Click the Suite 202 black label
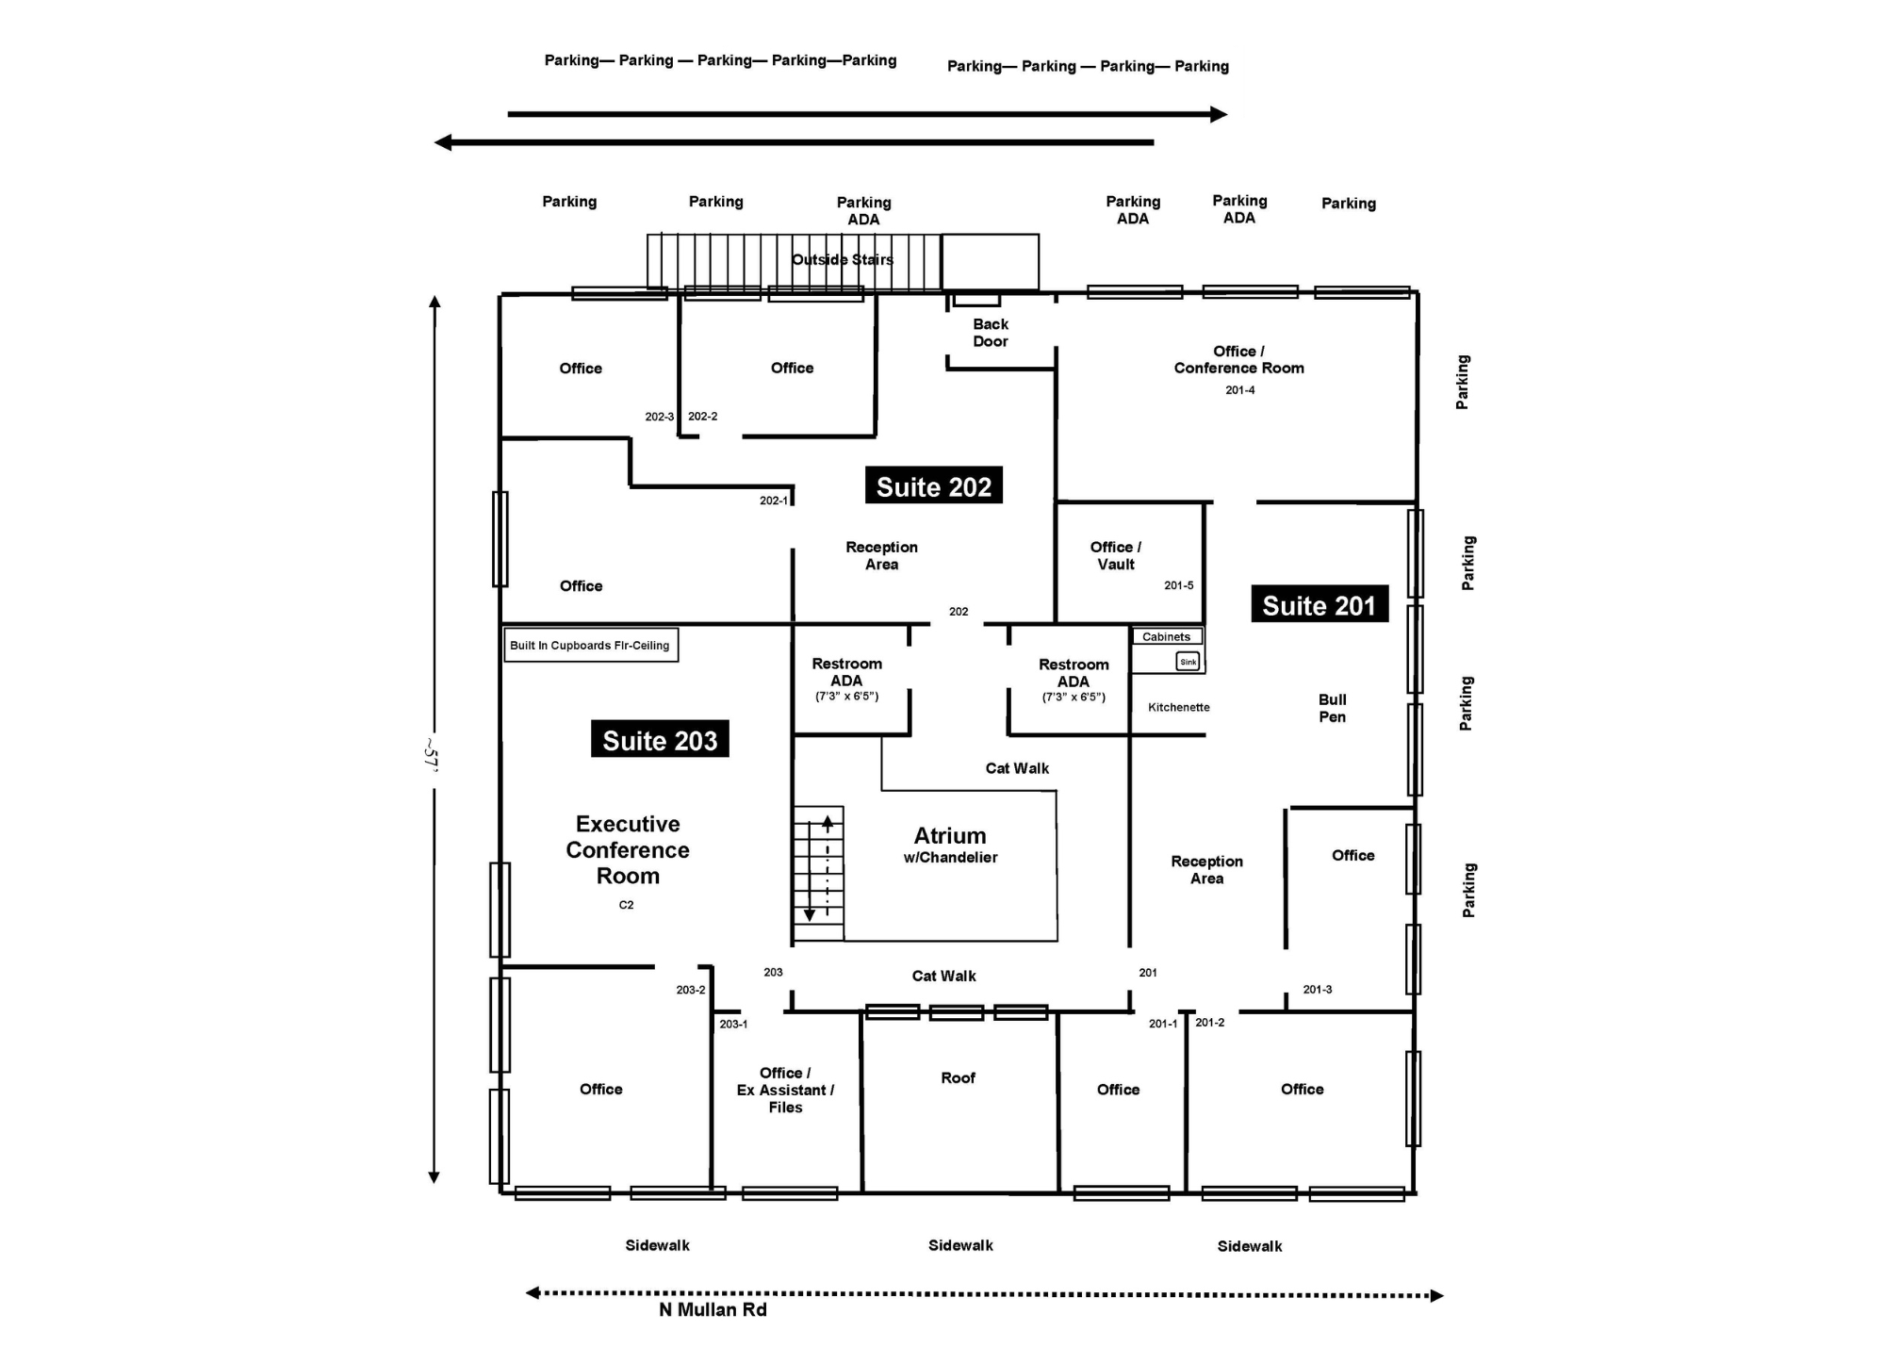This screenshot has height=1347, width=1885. coord(933,485)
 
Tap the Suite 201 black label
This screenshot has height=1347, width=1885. coord(1319,604)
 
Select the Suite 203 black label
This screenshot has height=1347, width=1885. coord(660,740)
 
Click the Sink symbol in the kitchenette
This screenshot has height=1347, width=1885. coord(1188,662)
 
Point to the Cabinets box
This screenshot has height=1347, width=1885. coord(1166,637)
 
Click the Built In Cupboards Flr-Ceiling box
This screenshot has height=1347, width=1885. coord(590,646)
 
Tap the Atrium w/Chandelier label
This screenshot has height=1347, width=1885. coord(950,845)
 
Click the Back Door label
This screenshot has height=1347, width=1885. coord(991,333)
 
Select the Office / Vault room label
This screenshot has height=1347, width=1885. coord(1116,555)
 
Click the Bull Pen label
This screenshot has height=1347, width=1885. coord(1332,708)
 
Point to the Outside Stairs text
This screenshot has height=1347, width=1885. coord(842,260)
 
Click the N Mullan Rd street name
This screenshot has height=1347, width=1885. coord(713,1310)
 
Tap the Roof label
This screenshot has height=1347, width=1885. coord(958,1077)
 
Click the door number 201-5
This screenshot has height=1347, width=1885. coord(1178,585)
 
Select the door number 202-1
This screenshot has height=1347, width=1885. coord(773,501)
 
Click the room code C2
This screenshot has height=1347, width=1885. coord(626,905)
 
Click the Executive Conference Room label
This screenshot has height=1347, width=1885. coord(628,849)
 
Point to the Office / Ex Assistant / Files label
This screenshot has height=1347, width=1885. coord(785,1090)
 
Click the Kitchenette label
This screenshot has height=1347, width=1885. coord(1178,707)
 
